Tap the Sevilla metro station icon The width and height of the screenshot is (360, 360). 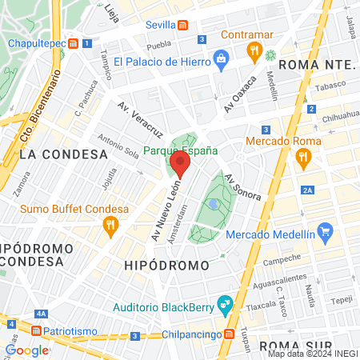click(x=183, y=25)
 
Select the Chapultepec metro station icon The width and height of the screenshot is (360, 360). click(x=74, y=43)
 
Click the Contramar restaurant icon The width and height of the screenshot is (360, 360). click(x=254, y=52)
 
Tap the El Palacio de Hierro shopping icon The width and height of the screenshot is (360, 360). click(x=222, y=61)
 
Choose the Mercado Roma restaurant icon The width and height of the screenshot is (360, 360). click(x=303, y=158)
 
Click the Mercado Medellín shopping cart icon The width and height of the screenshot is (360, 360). click(x=324, y=234)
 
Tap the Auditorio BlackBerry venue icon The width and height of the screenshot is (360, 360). click(x=225, y=303)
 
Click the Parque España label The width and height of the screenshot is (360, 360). click(x=180, y=150)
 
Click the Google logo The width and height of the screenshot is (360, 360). click(x=27, y=350)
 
